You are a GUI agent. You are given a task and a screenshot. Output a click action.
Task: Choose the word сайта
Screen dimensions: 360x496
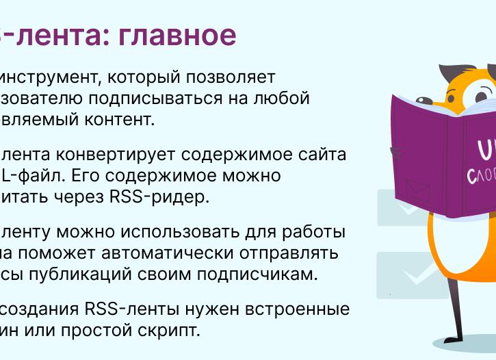click(x=322, y=155)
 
